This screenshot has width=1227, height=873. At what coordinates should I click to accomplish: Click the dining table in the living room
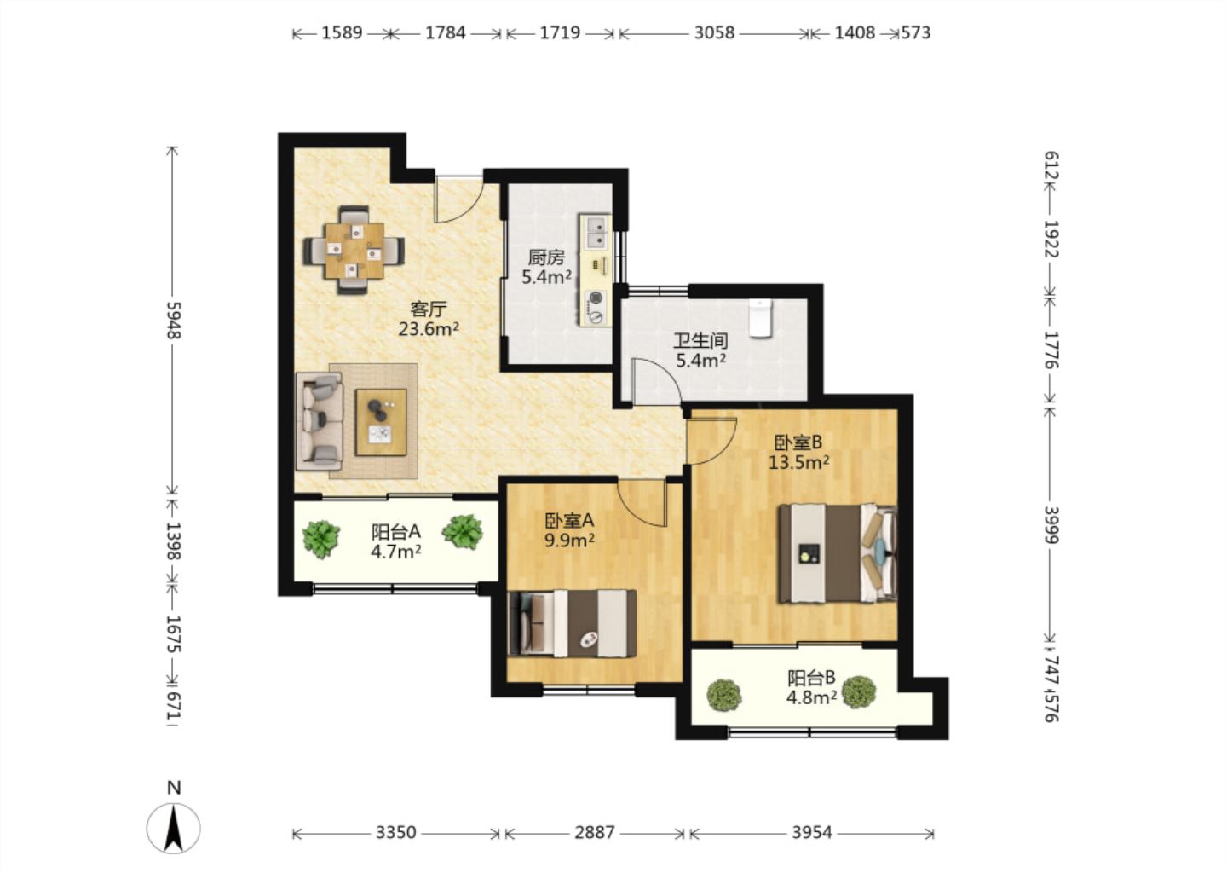point(354,250)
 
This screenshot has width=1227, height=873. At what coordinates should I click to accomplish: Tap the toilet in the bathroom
point(760,318)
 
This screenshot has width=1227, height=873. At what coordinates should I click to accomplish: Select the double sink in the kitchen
point(596,231)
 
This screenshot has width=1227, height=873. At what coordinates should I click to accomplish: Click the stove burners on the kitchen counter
point(596,307)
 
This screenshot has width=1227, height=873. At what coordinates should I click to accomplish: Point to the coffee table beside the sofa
point(381,422)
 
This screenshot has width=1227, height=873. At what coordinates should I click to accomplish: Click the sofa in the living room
point(320,421)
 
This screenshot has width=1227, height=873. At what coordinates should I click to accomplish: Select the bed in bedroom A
point(573,623)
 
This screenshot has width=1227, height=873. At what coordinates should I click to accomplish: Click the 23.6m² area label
point(429,329)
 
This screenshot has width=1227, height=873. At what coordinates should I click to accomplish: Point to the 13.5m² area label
point(798,463)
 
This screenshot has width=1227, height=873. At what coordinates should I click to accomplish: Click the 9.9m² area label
point(570,541)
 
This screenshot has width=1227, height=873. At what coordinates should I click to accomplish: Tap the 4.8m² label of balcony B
point(811,697)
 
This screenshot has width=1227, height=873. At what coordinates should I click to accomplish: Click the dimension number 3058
point(714,33)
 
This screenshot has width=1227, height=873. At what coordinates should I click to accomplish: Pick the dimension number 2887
point(595,833)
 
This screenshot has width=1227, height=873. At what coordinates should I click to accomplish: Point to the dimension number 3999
point(1051,524)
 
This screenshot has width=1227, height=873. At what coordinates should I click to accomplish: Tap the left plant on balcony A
point(321,540)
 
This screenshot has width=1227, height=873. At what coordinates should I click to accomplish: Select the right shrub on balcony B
point(859,692)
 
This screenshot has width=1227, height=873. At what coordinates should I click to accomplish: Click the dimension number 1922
point(1051,239)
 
